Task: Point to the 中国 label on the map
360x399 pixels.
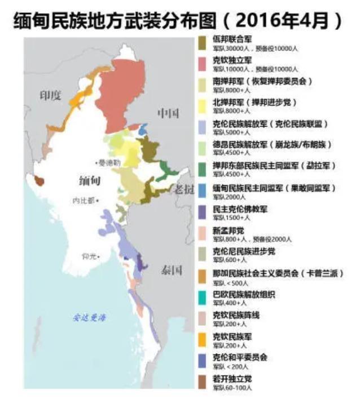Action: [168, 114]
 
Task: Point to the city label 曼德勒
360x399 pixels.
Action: [110, 162]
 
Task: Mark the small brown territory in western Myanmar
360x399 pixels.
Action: [39, 180]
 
